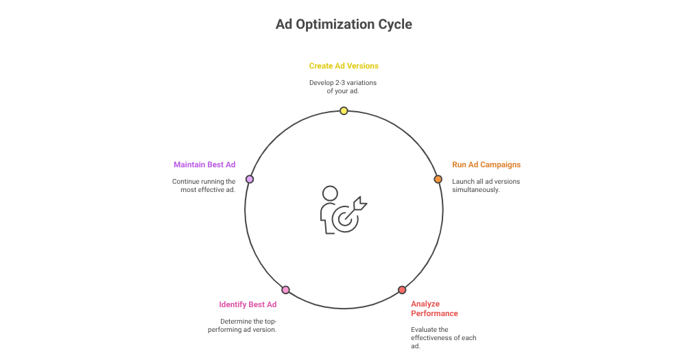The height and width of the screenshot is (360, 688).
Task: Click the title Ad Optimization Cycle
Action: (x=344, y=25)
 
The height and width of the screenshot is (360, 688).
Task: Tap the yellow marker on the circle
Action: (x=344, y=111)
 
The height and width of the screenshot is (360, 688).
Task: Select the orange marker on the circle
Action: (x=438, y=179)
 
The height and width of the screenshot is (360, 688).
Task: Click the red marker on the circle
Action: (x=402, y=290)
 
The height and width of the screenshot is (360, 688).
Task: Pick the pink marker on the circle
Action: (x=286, y=290)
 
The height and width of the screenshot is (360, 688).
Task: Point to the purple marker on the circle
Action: (x=250, y=179)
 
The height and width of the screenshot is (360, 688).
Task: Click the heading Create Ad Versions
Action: (x=344, y=66)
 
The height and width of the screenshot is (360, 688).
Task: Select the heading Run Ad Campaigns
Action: (x=486, y=165)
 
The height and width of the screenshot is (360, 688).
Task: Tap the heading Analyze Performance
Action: (x=434, y=308)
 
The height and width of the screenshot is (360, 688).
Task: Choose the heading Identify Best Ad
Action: (x=248, y=304)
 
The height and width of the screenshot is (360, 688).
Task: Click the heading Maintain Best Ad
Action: (x=204, y=165)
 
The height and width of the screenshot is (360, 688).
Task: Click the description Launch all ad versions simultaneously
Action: (x=486, y=185)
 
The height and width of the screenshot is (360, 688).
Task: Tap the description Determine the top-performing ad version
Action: (x=242, y=325)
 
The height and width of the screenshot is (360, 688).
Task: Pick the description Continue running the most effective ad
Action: (x=204, y=185)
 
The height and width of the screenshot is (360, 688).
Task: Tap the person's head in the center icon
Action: (x=330, y=194)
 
